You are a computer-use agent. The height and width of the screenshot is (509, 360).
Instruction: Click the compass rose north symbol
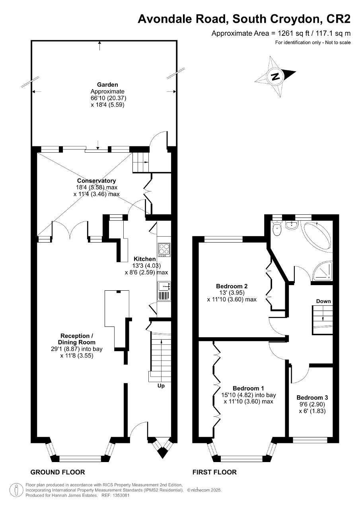coord(275,76)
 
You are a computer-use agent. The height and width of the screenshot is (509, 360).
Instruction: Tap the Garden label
coord(107,84)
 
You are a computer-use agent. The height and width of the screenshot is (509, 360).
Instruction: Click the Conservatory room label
coord(97,181)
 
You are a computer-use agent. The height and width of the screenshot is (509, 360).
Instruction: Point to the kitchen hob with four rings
coord(163,249)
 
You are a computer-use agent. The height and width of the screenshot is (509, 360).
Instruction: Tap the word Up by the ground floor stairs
coord(161,386)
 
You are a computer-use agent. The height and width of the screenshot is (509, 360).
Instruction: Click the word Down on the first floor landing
coord(323,301)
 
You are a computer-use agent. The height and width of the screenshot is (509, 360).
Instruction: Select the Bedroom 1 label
coord(248,388)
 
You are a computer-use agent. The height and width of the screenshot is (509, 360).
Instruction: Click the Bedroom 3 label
coord(312,398)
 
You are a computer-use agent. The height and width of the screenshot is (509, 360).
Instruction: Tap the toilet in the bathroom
coord(277,228)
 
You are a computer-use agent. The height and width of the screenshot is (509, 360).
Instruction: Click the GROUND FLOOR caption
coord(58,472)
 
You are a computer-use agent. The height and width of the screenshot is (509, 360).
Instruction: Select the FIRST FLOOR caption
coord(214,472)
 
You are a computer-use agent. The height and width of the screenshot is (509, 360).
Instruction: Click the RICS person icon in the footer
coord(16,490)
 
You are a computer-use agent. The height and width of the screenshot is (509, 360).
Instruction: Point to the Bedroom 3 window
coord(310,440)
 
